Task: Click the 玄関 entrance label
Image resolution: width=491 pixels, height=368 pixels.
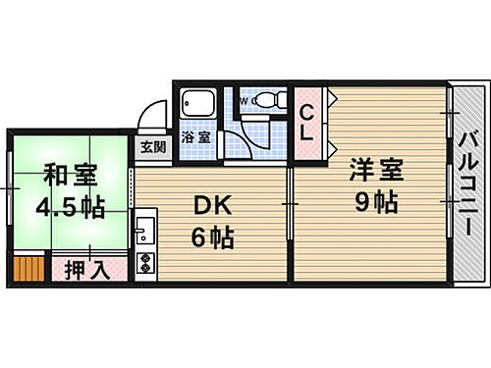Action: coord(152,148)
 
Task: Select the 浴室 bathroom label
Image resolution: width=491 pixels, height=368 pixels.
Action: coord(195,138)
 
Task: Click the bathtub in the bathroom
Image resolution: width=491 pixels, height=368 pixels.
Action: coord(196,106)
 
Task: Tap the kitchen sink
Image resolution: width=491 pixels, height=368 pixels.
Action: coord(144,234)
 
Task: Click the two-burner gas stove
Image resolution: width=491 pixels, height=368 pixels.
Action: coord(144,263)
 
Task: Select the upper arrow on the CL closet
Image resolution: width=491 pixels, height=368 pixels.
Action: coord(331,97)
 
